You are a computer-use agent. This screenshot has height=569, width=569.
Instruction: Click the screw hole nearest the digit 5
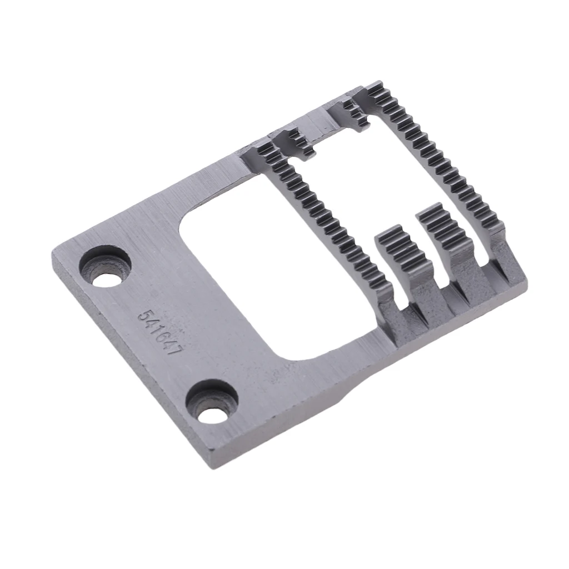coord(106,266)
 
